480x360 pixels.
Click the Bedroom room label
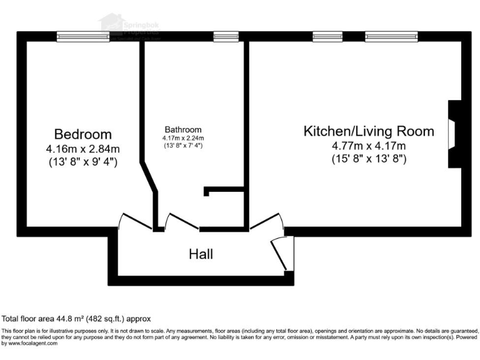[82, 134]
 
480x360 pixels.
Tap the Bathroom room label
[183, 129]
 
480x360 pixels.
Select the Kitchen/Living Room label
[369, 131]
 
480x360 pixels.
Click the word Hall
[201, 254]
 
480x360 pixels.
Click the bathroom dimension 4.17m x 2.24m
[183, 138]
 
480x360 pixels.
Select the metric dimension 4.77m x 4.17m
[369, 146]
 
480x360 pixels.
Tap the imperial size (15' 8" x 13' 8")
[369, 159]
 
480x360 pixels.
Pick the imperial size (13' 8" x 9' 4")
[82, 162]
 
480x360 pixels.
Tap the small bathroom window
[222, 37]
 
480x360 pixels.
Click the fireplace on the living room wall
[453, 134]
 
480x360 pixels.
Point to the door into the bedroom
[134, 221]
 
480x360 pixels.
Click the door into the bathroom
[182, 221]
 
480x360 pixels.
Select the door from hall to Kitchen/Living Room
[266, 220]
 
